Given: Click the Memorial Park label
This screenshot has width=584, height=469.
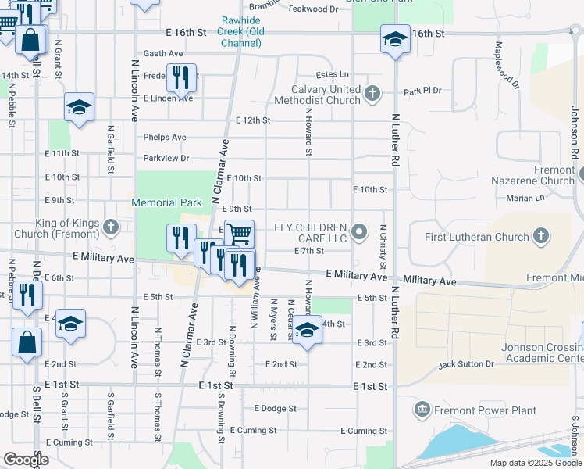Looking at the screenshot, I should (x=166, y=202).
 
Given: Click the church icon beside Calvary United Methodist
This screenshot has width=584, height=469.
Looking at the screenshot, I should (x=372, y=95).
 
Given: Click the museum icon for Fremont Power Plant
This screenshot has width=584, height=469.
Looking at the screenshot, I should (x=422, y=410).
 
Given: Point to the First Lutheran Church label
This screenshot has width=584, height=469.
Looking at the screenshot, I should (x=476, y=237).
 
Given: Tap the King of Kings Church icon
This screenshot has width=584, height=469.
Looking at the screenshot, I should (x=110, y=227).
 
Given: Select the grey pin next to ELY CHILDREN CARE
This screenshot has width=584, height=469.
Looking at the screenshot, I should (x=359, y=231).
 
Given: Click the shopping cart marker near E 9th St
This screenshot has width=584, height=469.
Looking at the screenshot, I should (x=239, y=233).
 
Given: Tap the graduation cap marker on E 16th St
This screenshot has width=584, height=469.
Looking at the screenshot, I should (x=395, y=38).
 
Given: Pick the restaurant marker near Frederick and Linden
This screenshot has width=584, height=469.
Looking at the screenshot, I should (x=181, y=77).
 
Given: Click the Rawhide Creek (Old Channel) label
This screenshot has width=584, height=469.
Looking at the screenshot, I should (x=240, y=26).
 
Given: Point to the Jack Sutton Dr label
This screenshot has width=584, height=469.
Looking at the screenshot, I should (x=466, y=364).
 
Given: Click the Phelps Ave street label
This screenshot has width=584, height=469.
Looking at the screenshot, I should (x=165, y=138).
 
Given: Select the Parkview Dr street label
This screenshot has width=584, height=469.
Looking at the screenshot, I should (x=164, y=158).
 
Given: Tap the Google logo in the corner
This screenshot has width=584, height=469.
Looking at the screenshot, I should (x=25, y=460).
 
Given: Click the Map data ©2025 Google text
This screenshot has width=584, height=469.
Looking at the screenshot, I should (x=535, y=463).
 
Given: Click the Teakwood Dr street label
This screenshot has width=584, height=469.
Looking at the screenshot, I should (x=313, y=9).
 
